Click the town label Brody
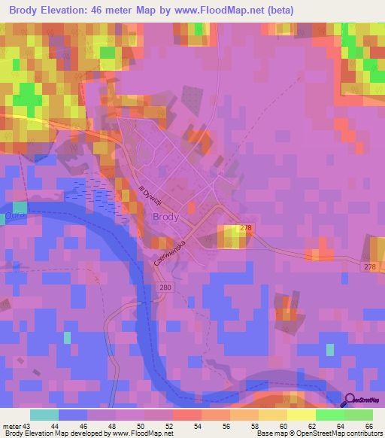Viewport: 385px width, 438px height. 165,217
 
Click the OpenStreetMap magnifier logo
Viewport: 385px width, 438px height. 351,400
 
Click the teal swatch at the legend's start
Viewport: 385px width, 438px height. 44,415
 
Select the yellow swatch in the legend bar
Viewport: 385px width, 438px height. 301,415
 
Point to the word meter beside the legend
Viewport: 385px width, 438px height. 13,426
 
